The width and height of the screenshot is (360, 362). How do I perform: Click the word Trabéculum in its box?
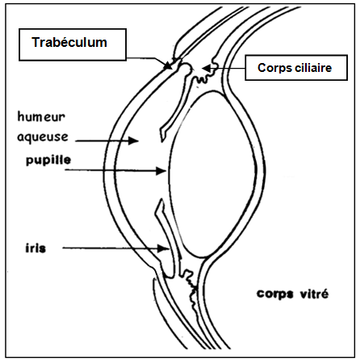tap(69, 43)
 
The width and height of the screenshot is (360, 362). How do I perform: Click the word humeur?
tap(41, 116)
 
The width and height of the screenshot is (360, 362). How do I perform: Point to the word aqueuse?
tap(43, 137)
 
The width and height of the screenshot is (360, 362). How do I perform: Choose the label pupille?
tap(48, 160)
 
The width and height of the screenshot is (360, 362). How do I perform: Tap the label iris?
tap(36, 248)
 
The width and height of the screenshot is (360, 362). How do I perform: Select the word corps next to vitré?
tap(274, 294)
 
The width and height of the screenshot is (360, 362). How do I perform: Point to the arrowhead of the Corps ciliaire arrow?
tap(207, 69)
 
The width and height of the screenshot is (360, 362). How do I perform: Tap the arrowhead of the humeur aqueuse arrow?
tap(133, 141)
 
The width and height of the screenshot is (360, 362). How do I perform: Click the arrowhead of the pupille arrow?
tap(161, 170)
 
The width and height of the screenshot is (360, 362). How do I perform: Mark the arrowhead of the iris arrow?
tap(163, 248)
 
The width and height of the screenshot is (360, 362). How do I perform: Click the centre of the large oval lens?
tap(212, 175)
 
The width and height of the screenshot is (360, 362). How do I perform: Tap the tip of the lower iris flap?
tap(161, 200)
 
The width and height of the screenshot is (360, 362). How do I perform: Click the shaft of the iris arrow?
tap(111, 248)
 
